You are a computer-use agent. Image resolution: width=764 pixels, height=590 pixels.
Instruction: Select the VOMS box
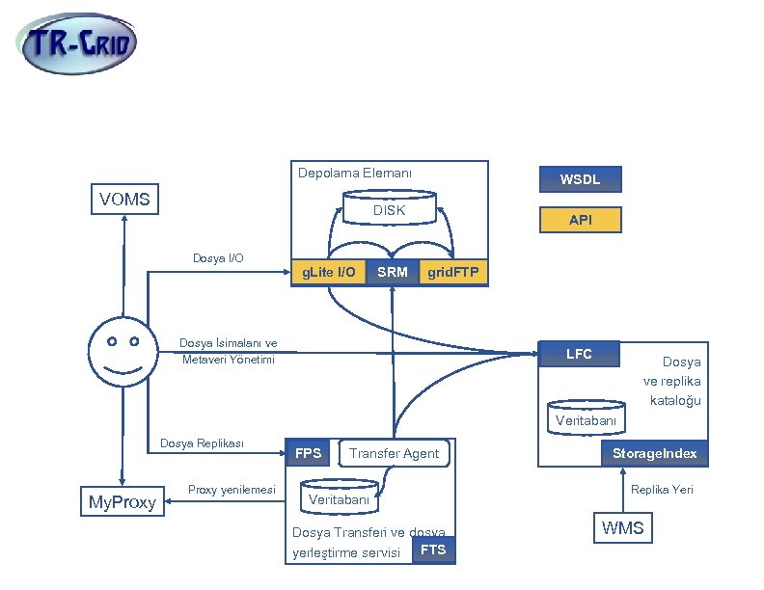124,200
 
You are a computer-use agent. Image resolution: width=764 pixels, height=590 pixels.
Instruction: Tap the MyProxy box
123,501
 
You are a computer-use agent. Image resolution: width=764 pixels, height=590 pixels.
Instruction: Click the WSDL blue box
581,179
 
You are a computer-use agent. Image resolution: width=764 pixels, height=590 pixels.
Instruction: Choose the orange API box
581,221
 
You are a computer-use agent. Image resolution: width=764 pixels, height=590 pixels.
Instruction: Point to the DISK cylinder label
389,210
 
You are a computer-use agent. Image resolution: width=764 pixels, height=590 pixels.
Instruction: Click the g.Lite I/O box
328,273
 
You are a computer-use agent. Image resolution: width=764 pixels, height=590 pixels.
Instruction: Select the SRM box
393,273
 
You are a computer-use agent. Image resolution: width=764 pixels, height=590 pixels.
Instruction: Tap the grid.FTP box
452,273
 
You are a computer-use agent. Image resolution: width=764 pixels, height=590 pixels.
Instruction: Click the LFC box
579,354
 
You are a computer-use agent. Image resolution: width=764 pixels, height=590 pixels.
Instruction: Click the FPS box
309,453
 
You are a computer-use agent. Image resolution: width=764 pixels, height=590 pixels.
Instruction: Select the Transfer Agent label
394,453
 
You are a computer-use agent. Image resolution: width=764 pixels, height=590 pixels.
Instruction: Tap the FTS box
433,550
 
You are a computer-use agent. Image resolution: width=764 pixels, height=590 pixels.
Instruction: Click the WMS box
622,527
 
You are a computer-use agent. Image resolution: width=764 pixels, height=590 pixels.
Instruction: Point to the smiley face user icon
123,352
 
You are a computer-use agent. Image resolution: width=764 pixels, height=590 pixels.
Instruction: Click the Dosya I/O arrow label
218,258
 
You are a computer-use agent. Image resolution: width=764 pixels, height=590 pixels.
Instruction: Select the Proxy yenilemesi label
232,490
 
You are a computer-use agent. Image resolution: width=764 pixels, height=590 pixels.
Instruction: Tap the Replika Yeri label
662,490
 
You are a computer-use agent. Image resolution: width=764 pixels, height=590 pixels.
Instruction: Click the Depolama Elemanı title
355,174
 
